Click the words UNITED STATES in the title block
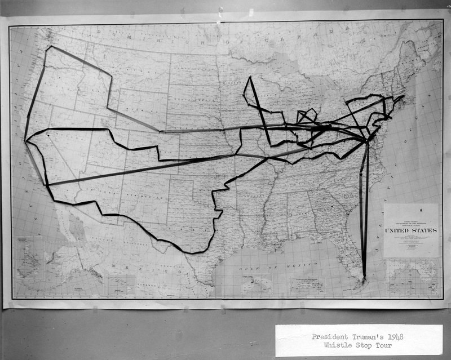(x=411, y=230)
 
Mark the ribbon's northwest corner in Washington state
(x=50, y=47)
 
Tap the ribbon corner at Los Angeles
(x=47, y=185)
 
